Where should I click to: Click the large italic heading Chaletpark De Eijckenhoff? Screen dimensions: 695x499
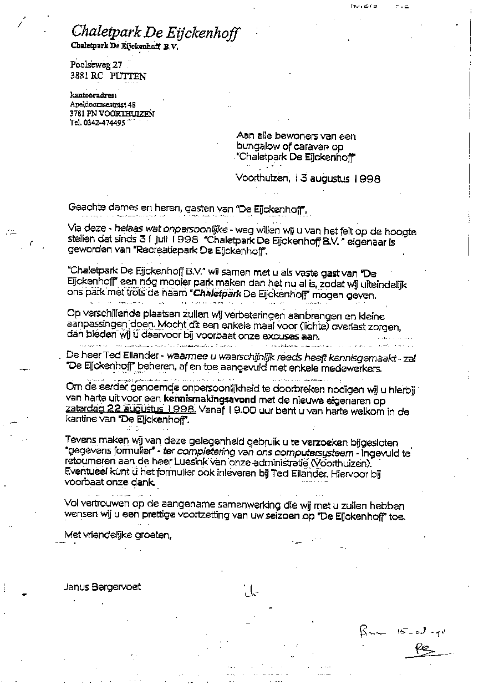[155, 32]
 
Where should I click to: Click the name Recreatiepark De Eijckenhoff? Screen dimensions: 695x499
[210, 252]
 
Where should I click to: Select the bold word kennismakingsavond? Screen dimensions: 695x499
[203, 397]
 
